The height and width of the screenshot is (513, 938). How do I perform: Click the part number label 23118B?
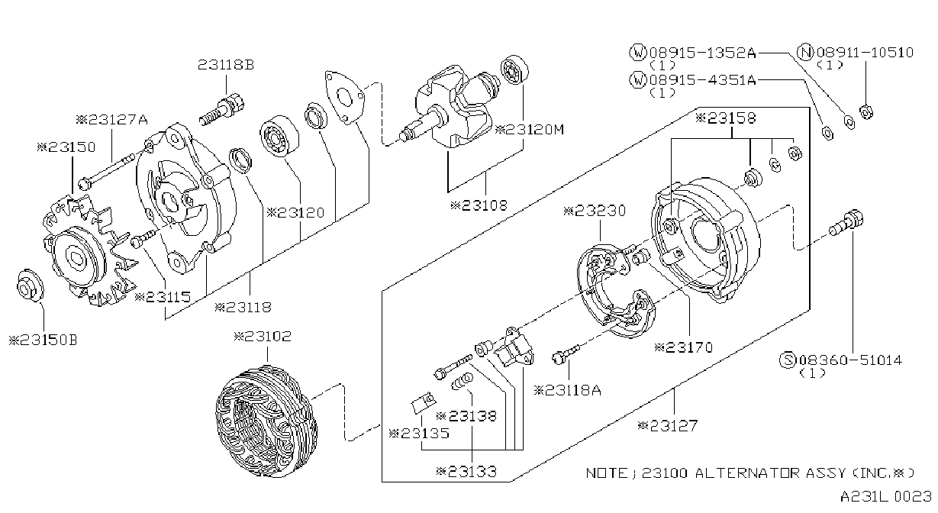pyautogui.click(x=226, y=65)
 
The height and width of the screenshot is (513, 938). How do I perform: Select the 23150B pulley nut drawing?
pyautogui.click(x=31, y=286)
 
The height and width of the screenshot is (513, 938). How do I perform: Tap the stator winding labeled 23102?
pyautogui.click(x=266, y=421)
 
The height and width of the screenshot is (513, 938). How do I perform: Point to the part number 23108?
pyautogui.click(x=479, y=205)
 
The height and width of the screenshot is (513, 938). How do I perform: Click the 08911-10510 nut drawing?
pyautogui.click(x=866, y=111)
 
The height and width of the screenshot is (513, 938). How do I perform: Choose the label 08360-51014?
pyautogui.click(x=850, y=360)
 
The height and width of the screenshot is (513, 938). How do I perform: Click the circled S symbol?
pyautogui.click(x=788, y=360)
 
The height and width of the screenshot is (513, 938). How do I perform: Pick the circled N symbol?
pyautogui.click(x=806, y=53)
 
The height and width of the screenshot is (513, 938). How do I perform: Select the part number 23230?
pyautogui.click(x=595, y=211)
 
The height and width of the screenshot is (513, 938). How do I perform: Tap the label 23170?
pyautogui.click(x=683, y=347)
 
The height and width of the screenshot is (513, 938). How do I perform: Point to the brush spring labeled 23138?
pyautogui.click(x=462, y=382)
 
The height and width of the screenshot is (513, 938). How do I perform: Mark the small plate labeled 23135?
pyautogui.click(x=424, y=403)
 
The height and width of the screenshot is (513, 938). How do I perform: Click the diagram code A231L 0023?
pyautogui.click(x=885, y=497)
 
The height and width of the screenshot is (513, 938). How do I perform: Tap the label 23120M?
pyautogui.click(x=530, y=130)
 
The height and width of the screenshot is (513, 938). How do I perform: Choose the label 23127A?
pyautogui.click(x=111, y=120)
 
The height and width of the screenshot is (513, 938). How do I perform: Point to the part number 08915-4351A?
pyautogui.click(x=703, y=79)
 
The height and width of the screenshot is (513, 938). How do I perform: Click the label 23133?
pyautogui.click(x=466, y=472)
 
